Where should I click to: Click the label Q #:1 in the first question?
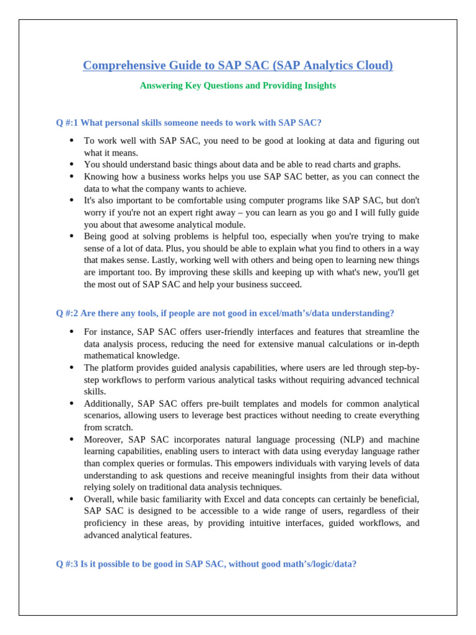(x=67, y=123)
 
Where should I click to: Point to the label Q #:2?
(x=67, y=313)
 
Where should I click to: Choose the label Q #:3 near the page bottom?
(x=67, y=564)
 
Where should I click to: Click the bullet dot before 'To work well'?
(x=71, y=141)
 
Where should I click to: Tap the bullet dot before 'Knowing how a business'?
(x=71, y=177)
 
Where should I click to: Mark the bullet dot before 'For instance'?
(x=71, y=332)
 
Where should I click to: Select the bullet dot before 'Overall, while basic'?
(x=71, y=499)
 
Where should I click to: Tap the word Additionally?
(x=108, y=404)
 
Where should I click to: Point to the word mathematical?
(x=110, y=356)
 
